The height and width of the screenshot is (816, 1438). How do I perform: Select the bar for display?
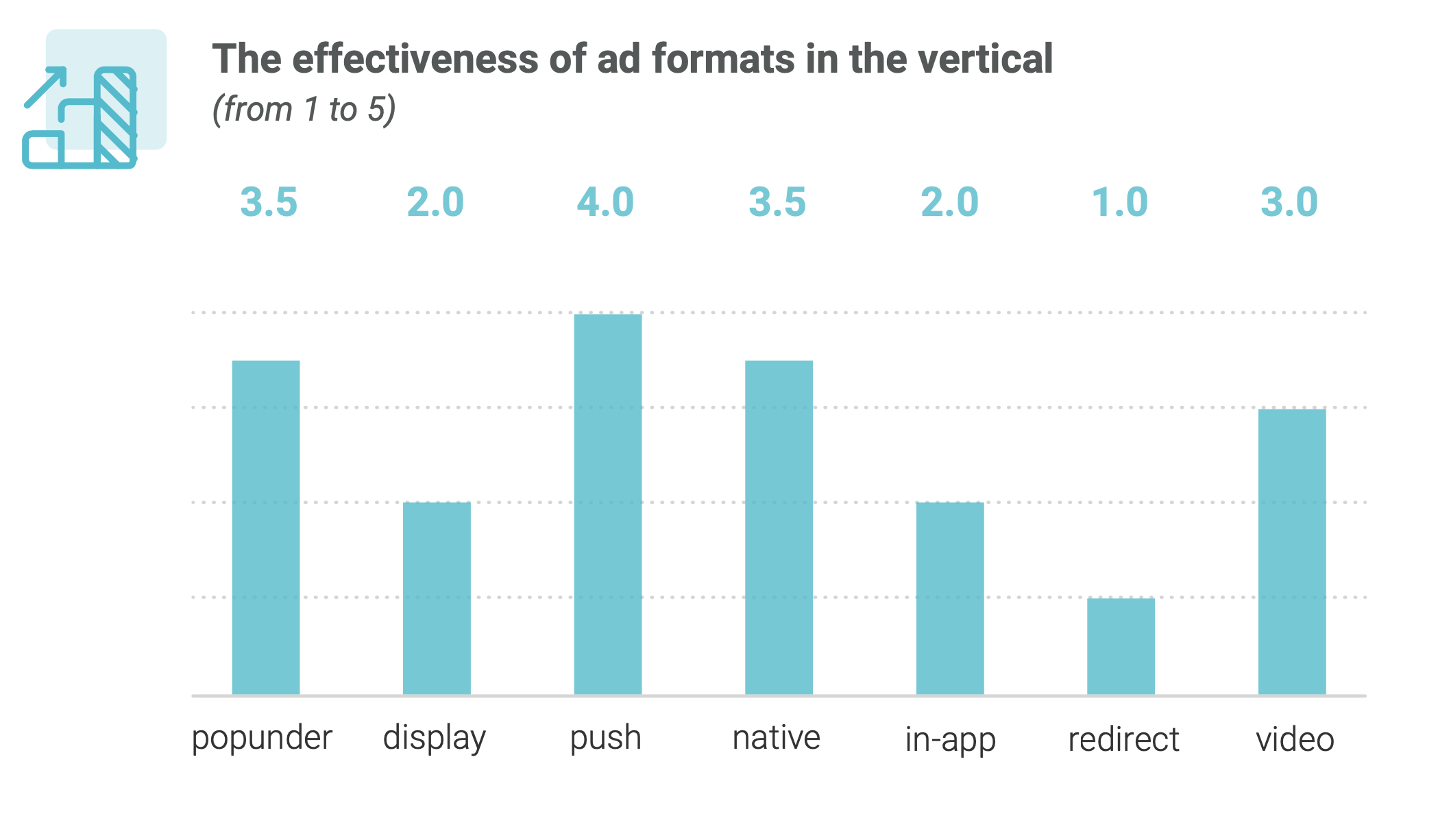437,598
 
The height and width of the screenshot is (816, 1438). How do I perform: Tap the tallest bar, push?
608,504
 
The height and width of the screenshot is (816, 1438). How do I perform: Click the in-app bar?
950,598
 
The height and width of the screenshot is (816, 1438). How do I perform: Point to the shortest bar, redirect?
1121,646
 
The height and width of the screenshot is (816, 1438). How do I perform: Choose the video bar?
1292,551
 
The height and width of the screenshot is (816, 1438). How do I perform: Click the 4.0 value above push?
605,202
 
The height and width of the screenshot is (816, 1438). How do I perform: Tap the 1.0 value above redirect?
1119,202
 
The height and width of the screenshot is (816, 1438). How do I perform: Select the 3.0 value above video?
1289,202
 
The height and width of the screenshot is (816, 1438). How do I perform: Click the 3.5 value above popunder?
269,202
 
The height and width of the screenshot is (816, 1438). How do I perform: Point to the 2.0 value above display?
435,202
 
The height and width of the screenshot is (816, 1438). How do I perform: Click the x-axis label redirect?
1123,739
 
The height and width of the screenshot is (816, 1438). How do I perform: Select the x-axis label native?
776,738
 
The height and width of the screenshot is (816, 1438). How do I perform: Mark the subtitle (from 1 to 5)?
304,110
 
